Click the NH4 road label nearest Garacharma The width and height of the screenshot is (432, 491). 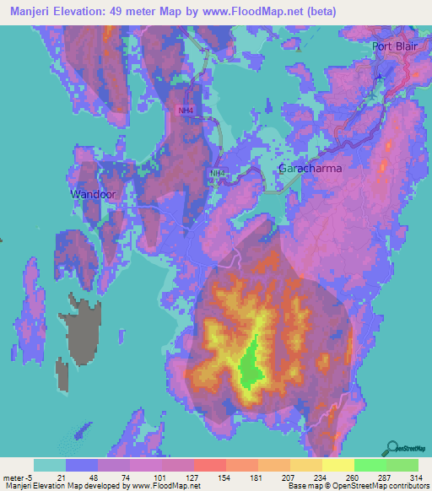[x=218, y=173]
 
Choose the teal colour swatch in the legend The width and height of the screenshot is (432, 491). [x=50, y=465]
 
